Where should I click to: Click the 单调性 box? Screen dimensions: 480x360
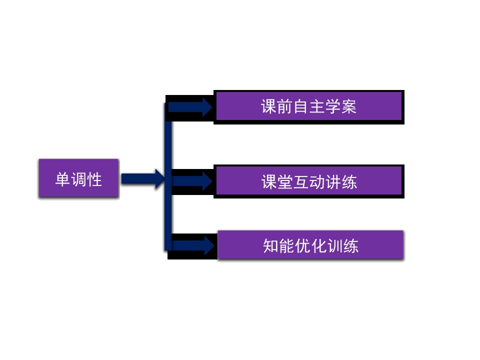coord(78,178)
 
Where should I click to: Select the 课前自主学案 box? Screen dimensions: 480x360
coord(309,107)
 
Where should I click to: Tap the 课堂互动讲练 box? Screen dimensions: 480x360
coord(309,181)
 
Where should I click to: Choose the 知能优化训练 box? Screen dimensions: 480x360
coord(310,245)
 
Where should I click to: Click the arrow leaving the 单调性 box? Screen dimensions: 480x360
coord(143,179)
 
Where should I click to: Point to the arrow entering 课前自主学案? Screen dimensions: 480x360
coord(190,107)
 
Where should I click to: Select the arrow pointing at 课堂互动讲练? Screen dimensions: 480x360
coord(192,181)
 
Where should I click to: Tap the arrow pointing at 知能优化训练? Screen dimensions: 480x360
coord(193,245)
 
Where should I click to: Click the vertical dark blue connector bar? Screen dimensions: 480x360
coord(168,177)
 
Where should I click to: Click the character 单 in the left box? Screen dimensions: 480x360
coord(62,179)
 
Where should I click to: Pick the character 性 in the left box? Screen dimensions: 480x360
coord(94,179)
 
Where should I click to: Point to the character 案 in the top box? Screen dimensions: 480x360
coord(348,107)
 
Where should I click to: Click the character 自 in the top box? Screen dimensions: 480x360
coord(301,107)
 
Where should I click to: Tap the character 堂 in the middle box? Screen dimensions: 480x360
coord(285,182)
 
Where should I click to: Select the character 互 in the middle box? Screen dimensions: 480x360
coord(301,182)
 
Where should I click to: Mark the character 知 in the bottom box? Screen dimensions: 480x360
coord(270,246)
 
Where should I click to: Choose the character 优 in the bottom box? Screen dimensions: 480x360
coord(303,246)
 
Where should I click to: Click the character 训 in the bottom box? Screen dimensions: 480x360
coord(334,246)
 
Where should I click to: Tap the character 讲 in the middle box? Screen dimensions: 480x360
coord(333,182)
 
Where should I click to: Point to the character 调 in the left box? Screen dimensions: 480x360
coord(78,179)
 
